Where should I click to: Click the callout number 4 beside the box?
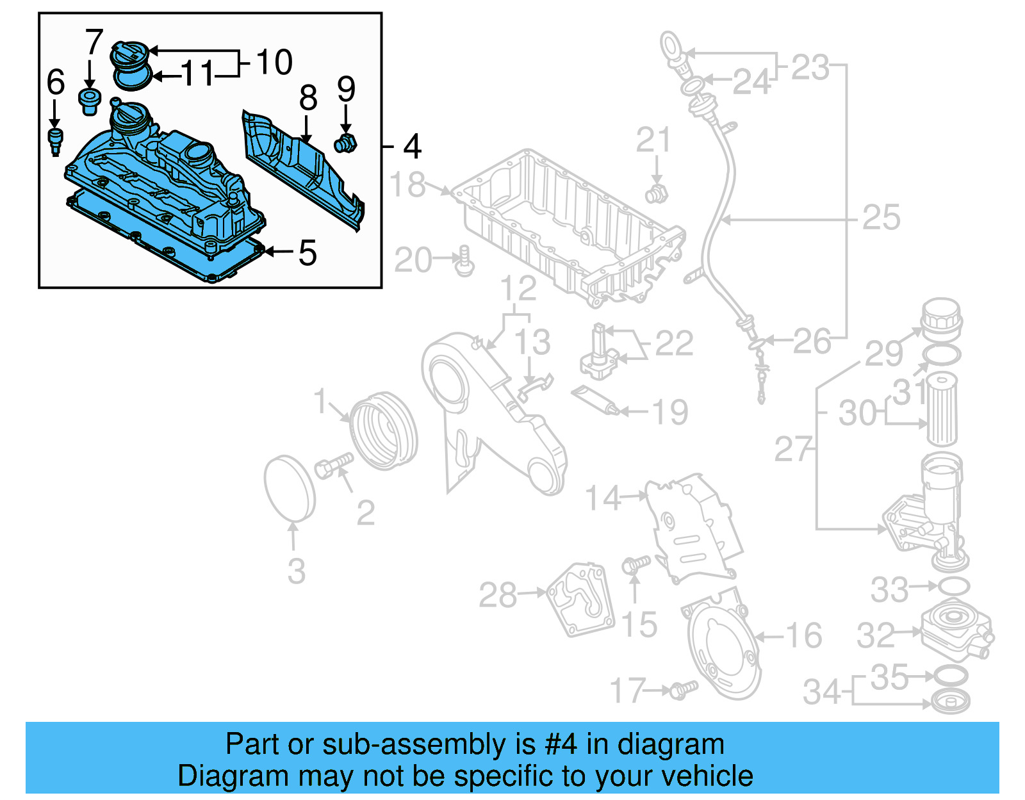click(412, 147)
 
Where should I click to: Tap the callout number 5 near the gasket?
click(307, 253)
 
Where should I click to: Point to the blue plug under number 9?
click(345, 144)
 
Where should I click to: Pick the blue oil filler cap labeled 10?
click(130, 53)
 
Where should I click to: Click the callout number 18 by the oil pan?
click(407, 185)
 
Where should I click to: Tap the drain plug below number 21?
click(656, 193)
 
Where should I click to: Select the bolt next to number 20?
click(464, 261)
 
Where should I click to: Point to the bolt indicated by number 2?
click(333, 466)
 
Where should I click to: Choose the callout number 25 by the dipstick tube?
click(881, 218)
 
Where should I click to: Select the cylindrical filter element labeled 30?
click(942, 410)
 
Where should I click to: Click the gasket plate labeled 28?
click(580, 599)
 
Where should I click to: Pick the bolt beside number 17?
click(682, 689)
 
